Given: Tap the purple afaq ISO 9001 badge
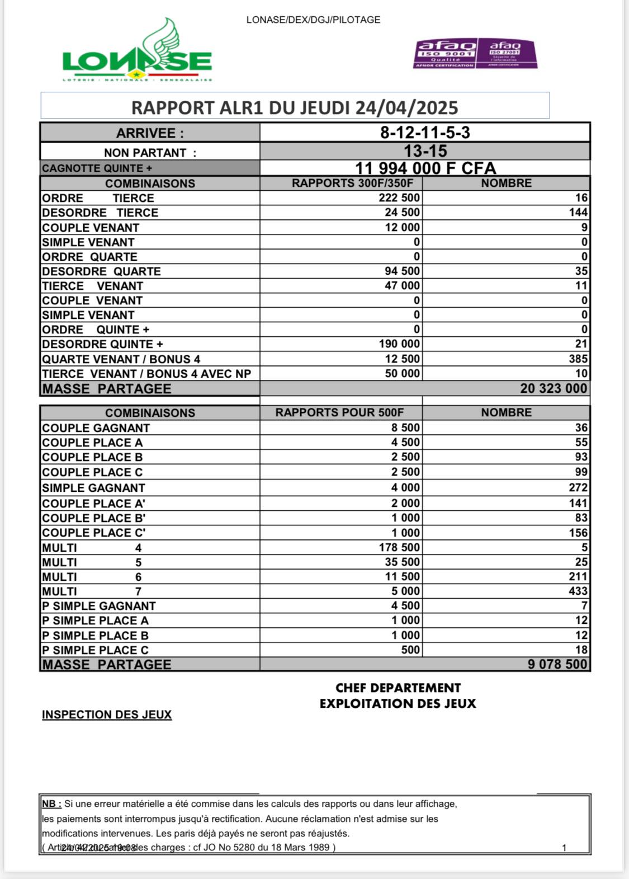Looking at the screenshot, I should [x=446, y=54].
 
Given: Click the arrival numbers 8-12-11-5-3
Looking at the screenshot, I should [x=425, y=133].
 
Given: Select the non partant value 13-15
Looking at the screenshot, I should [x=425, y=151].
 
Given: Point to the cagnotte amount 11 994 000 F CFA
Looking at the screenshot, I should [x=425, y=168].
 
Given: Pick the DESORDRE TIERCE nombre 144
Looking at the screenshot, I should [x=578, y=213].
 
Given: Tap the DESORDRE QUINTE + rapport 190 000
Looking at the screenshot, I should [x=399, y=344].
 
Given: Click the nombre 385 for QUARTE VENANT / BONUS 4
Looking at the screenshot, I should [x=578, y=359].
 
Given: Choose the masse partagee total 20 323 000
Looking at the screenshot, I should [x=554, y=388].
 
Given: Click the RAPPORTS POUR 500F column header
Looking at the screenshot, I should [x=339, y=413].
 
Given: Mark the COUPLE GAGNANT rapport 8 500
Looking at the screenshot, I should [x=405, y=428].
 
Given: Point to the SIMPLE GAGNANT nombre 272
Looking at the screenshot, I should [x=578, y=488].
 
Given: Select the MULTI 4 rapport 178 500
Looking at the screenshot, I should [x=399, y=548].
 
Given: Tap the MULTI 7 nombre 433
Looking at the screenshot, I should [x=578, y=591].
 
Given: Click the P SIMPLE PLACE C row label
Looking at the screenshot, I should [x=95, y=650].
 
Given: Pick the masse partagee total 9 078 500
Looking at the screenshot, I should [x=557, y=665].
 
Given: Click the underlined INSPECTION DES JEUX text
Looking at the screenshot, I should [x=107, y=715].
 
